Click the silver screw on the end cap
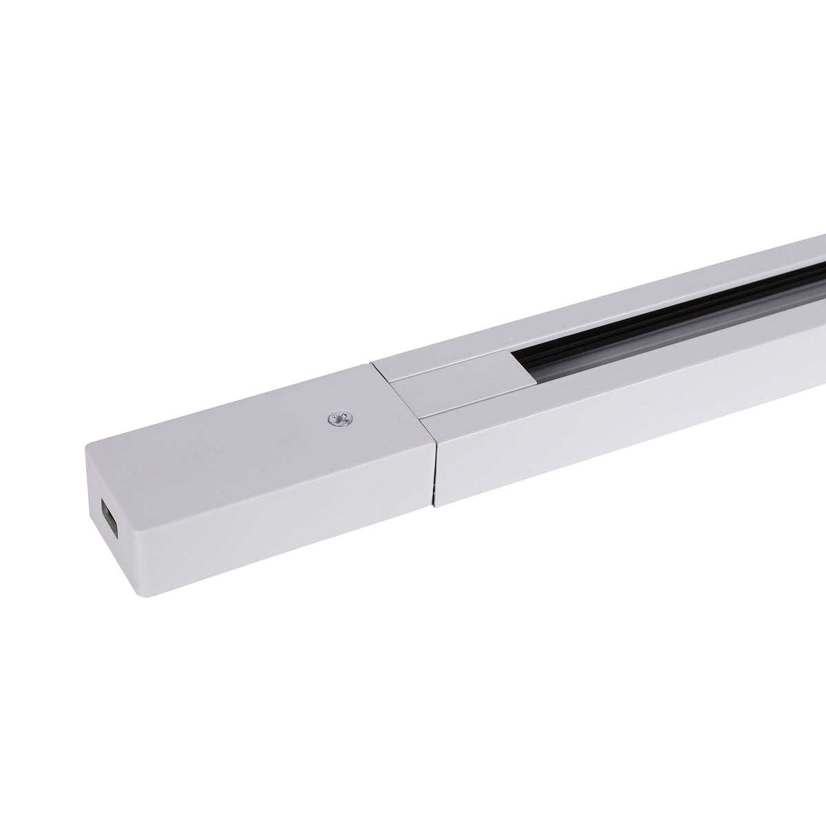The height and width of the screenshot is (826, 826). [337, 418]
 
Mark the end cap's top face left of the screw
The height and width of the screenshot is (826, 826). [227, 420]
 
